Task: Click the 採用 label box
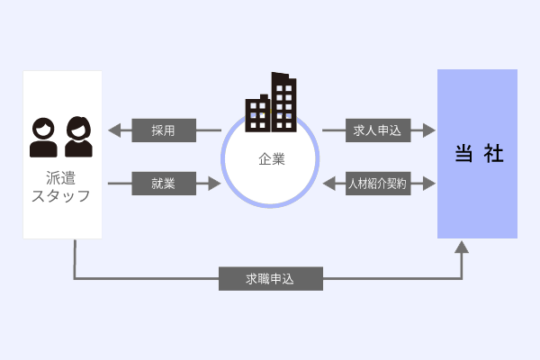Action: (x=164, y=130)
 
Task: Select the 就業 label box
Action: (x=164, y=184)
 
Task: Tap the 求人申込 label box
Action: (x=378, y=130)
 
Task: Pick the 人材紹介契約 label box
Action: (x=378, y=184)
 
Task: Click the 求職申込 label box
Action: (x=270, y=278)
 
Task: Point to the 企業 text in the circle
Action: (x=271, y=159)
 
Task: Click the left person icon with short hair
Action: (x=43, y=138)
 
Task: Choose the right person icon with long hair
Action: (x=78, y=138)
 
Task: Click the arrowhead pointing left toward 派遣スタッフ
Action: (x=113, y=130)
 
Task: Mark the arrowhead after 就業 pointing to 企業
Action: (x=214, y=184)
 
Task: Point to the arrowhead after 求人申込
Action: (x=429, y=130)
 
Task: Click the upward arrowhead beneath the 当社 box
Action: (x=463, y=247)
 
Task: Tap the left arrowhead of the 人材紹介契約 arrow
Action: (x=328, y=184)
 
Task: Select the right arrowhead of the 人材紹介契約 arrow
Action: (x=429, y=184)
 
